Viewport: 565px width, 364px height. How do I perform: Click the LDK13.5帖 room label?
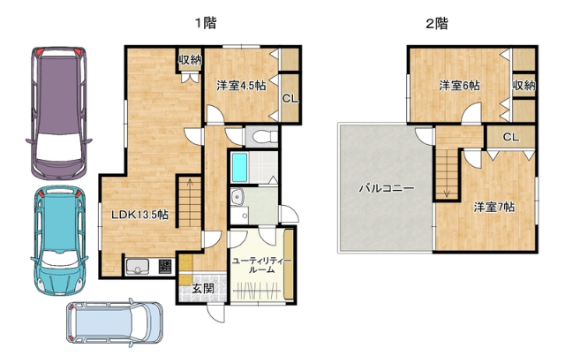click(139, 215)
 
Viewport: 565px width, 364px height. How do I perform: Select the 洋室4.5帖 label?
click(241, 86)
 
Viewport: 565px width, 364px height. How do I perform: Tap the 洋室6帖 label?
click(460, 86)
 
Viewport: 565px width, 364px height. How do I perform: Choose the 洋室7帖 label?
click(494, 207)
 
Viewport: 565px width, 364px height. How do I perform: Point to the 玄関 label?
click(203, 288)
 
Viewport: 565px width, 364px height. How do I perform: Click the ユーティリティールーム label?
click(256, 265)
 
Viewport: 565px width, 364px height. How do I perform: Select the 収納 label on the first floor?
click(190, 60)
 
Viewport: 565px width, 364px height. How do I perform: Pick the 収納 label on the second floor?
click(524, 86)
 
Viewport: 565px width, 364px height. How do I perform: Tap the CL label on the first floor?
click(290, 97)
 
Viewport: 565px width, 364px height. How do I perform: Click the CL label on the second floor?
click(510, 138)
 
